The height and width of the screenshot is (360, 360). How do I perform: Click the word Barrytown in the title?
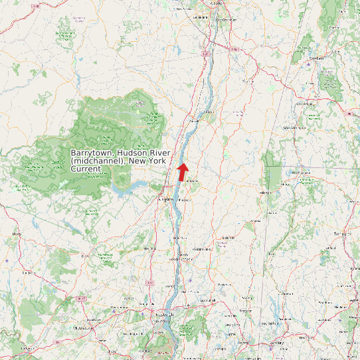[x=92, y=153]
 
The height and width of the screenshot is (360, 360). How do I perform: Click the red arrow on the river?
[x=182, y=171]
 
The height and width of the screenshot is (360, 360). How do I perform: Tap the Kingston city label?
[x=165, y=199]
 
